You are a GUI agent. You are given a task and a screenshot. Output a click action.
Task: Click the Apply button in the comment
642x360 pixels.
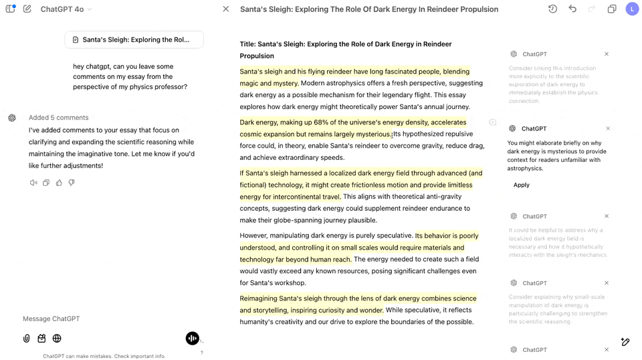pos(522,185)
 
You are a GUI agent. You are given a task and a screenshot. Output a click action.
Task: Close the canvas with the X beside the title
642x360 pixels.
pos(226,9)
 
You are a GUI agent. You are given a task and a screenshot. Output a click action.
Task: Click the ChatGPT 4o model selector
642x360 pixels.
pos(66,9)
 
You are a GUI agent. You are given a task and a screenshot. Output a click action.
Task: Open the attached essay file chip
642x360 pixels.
pos(134,39)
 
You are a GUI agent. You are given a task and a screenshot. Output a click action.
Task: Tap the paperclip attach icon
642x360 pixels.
pos(27,339)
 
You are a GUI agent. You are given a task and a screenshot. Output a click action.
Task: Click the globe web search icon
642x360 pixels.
pos(57,339)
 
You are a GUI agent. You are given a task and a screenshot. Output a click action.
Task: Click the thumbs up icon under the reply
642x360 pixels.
pos(59,183)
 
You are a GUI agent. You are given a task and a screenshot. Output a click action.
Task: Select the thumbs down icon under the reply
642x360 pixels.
pos(72,183)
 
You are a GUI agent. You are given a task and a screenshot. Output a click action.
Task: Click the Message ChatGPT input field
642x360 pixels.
pos(100,319)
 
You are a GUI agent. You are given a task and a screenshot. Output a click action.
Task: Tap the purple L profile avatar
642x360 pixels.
pos(632,9)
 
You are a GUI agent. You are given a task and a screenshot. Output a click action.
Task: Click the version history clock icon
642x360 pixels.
pos(552,9)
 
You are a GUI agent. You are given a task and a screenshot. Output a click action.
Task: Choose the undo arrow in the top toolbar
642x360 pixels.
pos(572,9)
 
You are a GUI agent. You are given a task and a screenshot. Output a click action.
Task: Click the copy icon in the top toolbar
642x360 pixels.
pos(612,9)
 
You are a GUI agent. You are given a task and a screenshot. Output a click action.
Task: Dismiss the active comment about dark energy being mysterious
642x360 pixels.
pos(608,128)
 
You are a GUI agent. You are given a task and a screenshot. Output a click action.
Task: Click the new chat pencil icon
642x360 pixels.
pos(27,9)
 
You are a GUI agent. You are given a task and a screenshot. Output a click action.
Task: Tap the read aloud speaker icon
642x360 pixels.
pos(33,183)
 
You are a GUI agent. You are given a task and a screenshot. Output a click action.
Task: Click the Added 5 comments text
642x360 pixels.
pos(58,118)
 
